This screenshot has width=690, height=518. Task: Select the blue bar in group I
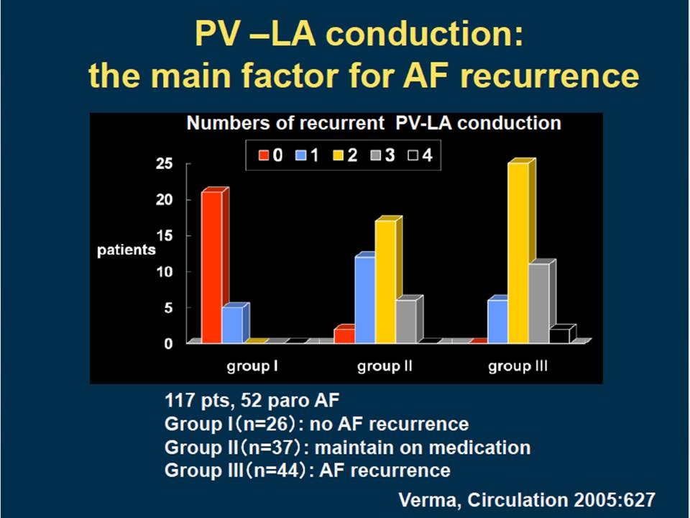232,324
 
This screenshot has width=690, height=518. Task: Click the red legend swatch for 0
264,155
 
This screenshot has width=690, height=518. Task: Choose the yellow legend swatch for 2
338,155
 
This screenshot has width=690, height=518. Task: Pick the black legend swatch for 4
413,155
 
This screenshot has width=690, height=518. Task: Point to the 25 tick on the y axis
164,164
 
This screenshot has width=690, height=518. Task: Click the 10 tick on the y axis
164,272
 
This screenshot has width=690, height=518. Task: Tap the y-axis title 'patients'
126,250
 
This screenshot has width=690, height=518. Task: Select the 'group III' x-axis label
518,366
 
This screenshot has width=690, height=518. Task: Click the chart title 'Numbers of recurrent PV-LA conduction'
374,123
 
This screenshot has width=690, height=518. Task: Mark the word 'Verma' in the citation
430,500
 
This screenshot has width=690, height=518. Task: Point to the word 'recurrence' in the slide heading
549,76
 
